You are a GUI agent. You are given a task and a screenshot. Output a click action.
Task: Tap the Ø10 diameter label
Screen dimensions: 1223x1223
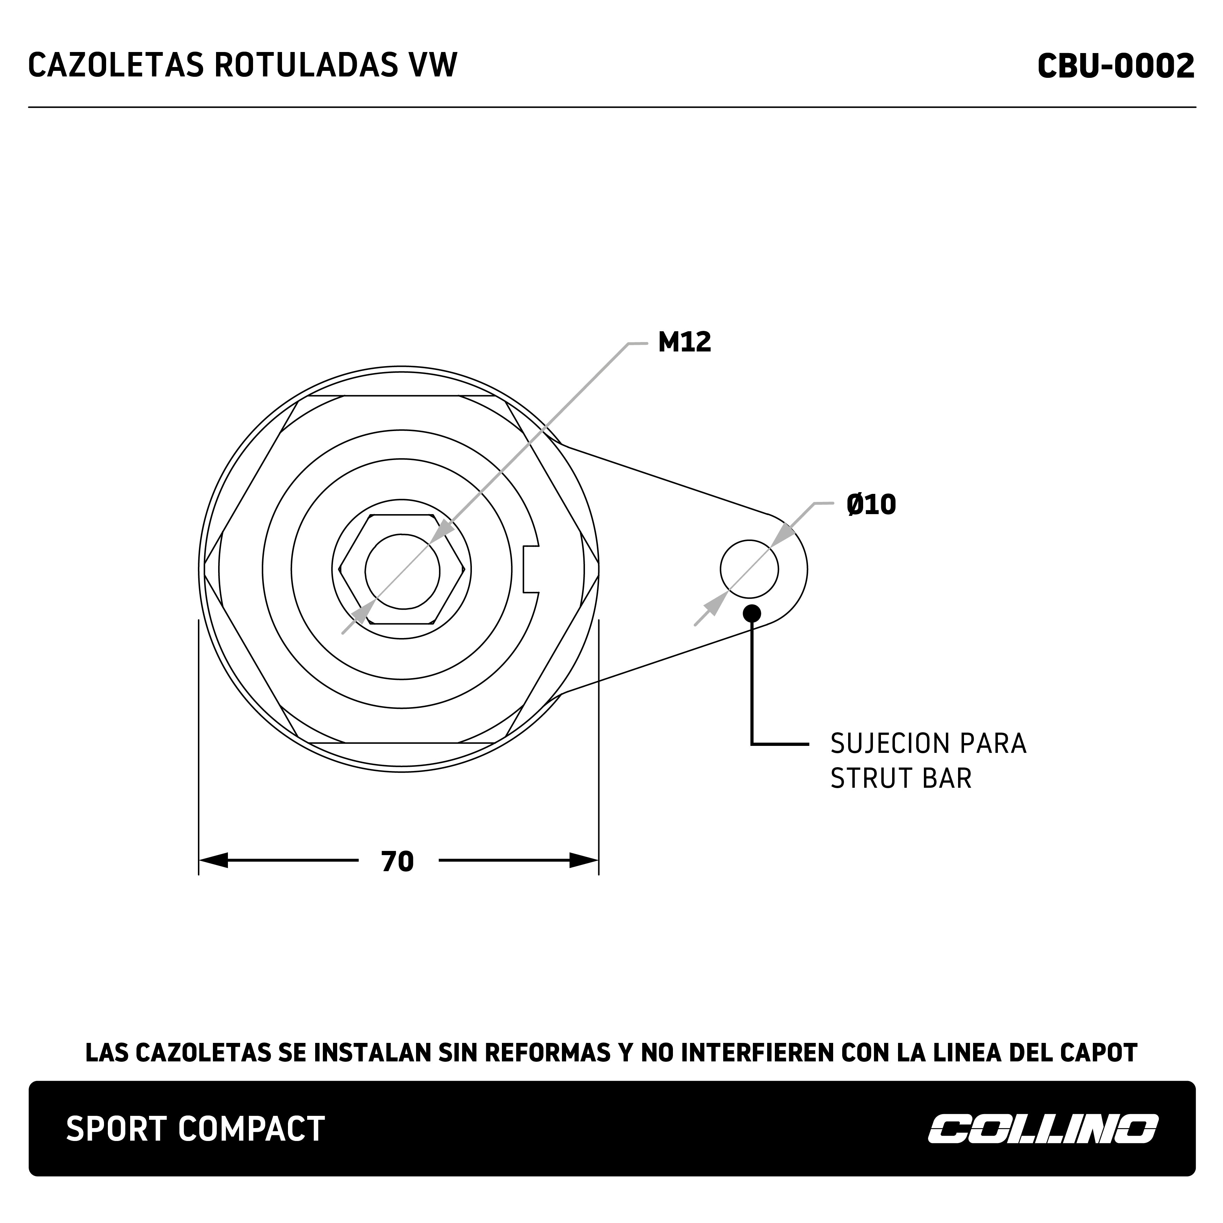tap(871, 504)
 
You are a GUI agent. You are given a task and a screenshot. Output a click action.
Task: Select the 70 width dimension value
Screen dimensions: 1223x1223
tap(398, 861)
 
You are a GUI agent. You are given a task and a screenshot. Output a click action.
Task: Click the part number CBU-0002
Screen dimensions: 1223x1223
tap(1115, 66)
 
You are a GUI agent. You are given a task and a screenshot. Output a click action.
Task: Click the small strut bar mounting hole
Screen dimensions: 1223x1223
tap(749, 569)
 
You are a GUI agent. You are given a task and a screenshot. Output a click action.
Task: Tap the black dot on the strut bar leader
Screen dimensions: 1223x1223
tap(752, 613)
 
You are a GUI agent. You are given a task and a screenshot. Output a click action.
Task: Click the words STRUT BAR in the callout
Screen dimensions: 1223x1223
tap(901, 779)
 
